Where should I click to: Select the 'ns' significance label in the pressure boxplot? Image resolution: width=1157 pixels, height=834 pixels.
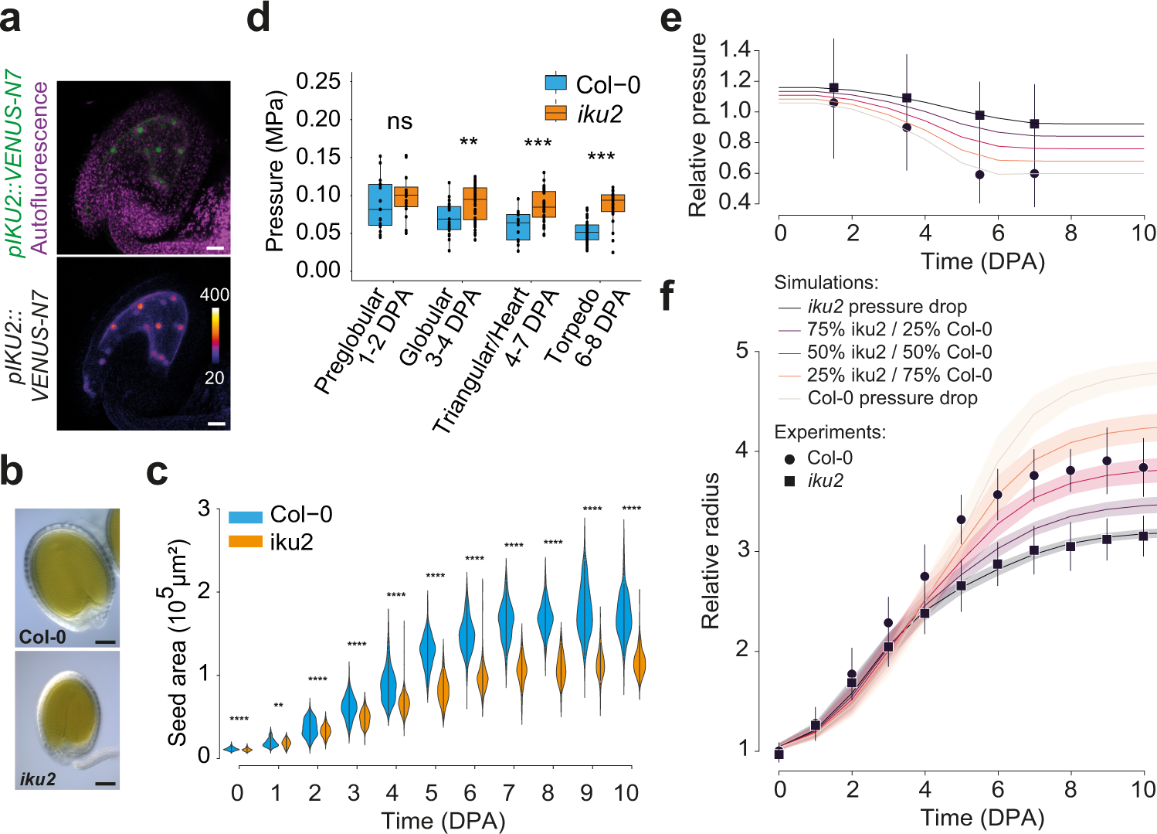[399, 121]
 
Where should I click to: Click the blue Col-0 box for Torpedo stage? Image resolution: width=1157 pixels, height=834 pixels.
[586, 232]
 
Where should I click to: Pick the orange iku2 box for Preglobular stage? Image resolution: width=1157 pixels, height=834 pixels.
[405, 196]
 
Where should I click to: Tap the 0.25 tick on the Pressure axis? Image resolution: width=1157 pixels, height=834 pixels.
[318, 81]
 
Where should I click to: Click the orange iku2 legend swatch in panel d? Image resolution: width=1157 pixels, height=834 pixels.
[556, 113]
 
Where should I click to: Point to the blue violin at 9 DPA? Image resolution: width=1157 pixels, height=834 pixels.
[585, 611]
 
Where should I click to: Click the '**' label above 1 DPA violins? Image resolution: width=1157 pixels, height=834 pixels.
[278, 706]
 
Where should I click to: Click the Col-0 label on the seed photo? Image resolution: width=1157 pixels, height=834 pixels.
[42, 637]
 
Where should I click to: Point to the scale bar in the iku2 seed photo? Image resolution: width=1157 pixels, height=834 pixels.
[106, 783]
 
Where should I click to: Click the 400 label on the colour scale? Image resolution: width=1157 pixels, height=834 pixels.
[214, 294]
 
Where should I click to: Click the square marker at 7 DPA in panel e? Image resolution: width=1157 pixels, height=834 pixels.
[1034, 124]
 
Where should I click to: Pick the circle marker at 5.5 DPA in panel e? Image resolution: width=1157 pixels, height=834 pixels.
[979, 175]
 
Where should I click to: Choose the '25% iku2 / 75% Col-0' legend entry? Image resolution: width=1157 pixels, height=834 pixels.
[899, 375]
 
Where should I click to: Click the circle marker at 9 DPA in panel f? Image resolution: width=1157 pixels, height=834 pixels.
[1107, 461]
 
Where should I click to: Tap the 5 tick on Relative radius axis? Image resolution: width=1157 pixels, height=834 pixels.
[742, 351]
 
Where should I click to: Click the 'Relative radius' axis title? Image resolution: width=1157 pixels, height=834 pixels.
[710, 550]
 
